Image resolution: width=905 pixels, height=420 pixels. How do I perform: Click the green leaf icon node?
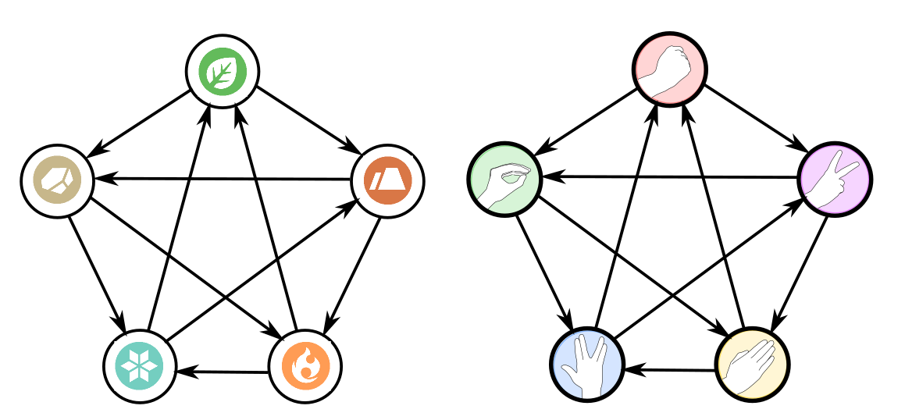coord(223,71)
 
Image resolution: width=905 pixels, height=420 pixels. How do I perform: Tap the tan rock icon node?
coord(57,180)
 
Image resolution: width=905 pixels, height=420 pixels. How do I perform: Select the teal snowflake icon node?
coord(140,365)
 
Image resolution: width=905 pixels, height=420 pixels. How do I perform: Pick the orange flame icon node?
coord(305,365)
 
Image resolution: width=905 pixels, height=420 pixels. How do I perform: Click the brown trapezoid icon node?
coord(388,180)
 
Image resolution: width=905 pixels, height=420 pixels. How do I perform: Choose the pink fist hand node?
coord(669,69)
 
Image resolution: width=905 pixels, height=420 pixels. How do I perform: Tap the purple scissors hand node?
coord(835,180)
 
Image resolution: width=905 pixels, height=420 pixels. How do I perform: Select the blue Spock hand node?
coord(586,364)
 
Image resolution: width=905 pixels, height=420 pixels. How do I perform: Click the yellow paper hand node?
coord(752,364)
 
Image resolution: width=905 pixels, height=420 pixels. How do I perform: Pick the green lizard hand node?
coord(505,180)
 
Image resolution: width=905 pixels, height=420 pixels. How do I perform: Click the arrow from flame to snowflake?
coord(223,372)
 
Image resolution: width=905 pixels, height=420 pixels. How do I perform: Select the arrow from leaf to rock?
coord(139,124)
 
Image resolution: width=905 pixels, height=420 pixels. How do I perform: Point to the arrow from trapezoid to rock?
coord(223,179)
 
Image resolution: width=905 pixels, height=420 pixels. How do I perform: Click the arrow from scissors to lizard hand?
coord(670,177)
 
